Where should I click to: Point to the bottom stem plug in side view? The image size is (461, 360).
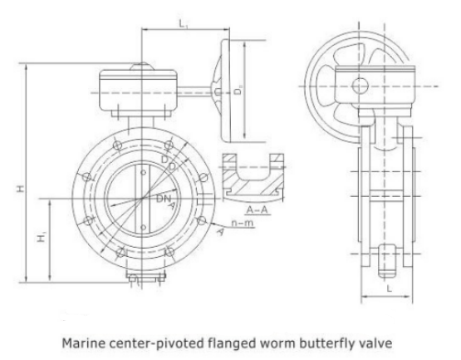pos(389,262)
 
